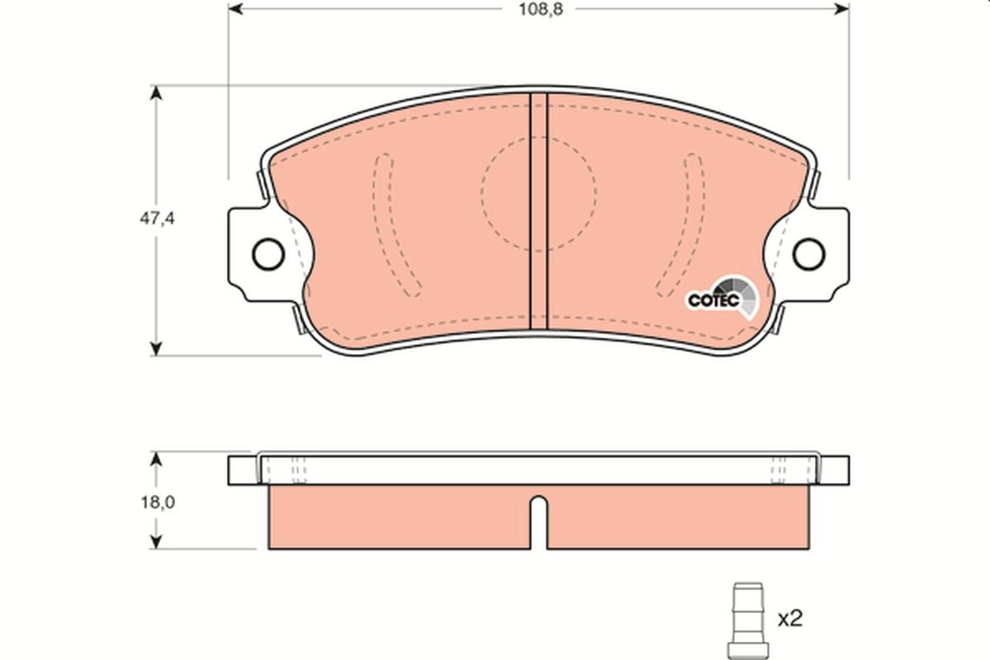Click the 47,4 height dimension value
click(x=155, y=219)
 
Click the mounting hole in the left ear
click(x=268, y=254)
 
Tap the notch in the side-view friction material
click(x=538, y=520)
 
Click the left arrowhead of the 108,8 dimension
click(x=235, y=8)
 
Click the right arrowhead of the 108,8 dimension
click(x=841, y=8)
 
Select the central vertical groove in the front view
click(x=538, y=206)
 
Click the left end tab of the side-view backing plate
click(x=243, y=470)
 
